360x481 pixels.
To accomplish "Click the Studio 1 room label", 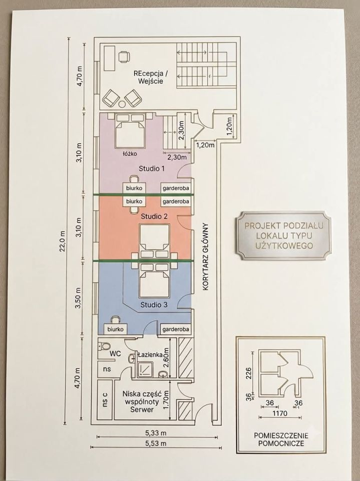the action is (152, 168).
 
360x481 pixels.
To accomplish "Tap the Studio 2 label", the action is (154, 216).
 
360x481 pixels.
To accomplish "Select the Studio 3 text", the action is (154, 305).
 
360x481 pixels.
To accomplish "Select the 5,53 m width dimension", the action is (156, 443).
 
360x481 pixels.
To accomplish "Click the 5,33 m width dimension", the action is (156, 433).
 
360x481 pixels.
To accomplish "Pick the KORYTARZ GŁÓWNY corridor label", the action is (205, 257).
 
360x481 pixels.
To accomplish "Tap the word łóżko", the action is (129, 153).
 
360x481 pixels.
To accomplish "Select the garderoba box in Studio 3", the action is (176, 329).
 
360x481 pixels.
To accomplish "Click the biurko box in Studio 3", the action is (115, 329).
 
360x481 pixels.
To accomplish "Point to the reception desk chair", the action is (124, 57).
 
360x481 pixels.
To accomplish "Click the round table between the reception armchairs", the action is (122, 105).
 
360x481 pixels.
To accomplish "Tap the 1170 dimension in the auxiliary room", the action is (280, 413).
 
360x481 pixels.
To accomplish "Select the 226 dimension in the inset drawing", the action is (249, 373).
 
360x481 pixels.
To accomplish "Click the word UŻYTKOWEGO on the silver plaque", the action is (284, 246).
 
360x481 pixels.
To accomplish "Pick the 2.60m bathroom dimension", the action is (167, 358).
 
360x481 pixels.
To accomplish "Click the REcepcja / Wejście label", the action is (151, 77).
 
